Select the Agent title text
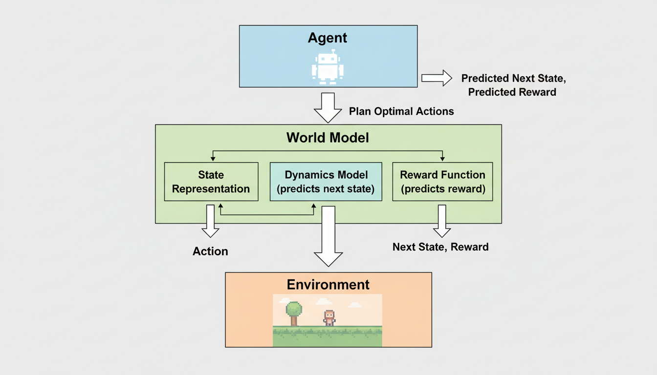[328, 38]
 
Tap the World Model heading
[328, 138]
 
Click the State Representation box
[211, 182]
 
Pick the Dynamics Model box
[326, 182]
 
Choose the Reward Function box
[442, 182]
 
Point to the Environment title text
[328, 285]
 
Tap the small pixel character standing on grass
[329, 318]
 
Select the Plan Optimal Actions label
[401, 111]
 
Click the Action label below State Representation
[210, 251]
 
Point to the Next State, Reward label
[440, 247]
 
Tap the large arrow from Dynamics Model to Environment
[328, 236]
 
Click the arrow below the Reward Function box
[442, 221]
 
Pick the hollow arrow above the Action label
[210, 221]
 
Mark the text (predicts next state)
[326, 189]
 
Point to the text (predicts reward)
[442, 189]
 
